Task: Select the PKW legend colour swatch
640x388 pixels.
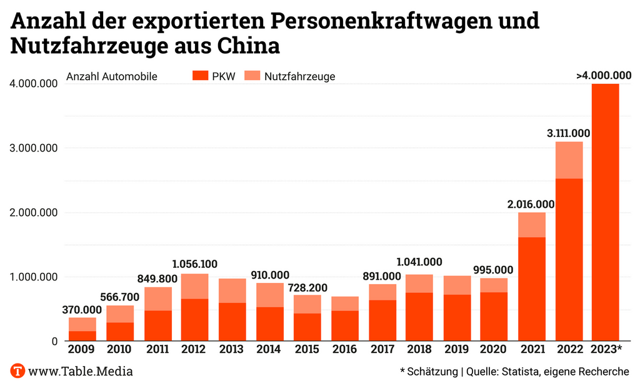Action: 199,76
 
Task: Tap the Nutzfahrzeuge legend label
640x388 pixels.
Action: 299,77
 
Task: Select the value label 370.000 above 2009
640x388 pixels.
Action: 82,310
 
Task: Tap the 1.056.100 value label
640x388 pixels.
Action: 195,265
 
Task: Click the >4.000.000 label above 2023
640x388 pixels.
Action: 604,76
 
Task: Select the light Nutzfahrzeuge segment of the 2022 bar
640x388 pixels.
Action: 568,160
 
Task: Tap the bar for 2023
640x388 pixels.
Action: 605,213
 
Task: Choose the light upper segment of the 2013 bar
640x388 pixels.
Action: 232,290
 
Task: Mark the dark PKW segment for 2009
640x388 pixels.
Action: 82,335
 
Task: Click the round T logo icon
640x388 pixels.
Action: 17,370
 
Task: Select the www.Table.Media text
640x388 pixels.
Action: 81,371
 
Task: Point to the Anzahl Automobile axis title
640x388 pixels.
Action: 111,77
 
